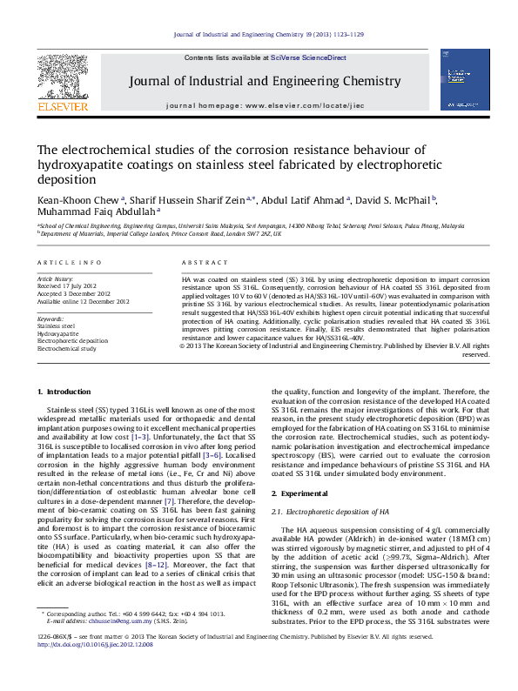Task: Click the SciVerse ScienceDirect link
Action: (x=308, y=57)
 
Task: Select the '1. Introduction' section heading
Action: (x=66, y=392)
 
